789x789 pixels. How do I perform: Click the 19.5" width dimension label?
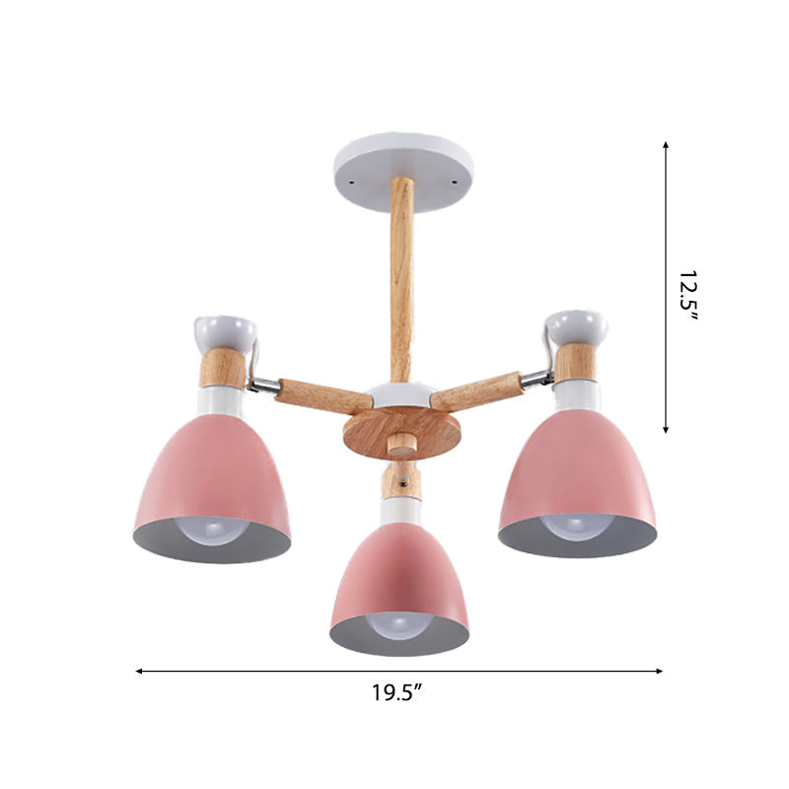[397, 692]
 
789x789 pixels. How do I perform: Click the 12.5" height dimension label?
[687, 290]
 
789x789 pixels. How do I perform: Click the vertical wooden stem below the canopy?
[401, 276]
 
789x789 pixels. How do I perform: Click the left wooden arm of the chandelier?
[310, 394]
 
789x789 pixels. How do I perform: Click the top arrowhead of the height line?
[666, 145]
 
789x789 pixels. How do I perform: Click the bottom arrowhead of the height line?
[666, 429]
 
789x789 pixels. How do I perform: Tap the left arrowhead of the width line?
[139, 671]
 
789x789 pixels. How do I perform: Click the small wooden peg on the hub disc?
[400, 446]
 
